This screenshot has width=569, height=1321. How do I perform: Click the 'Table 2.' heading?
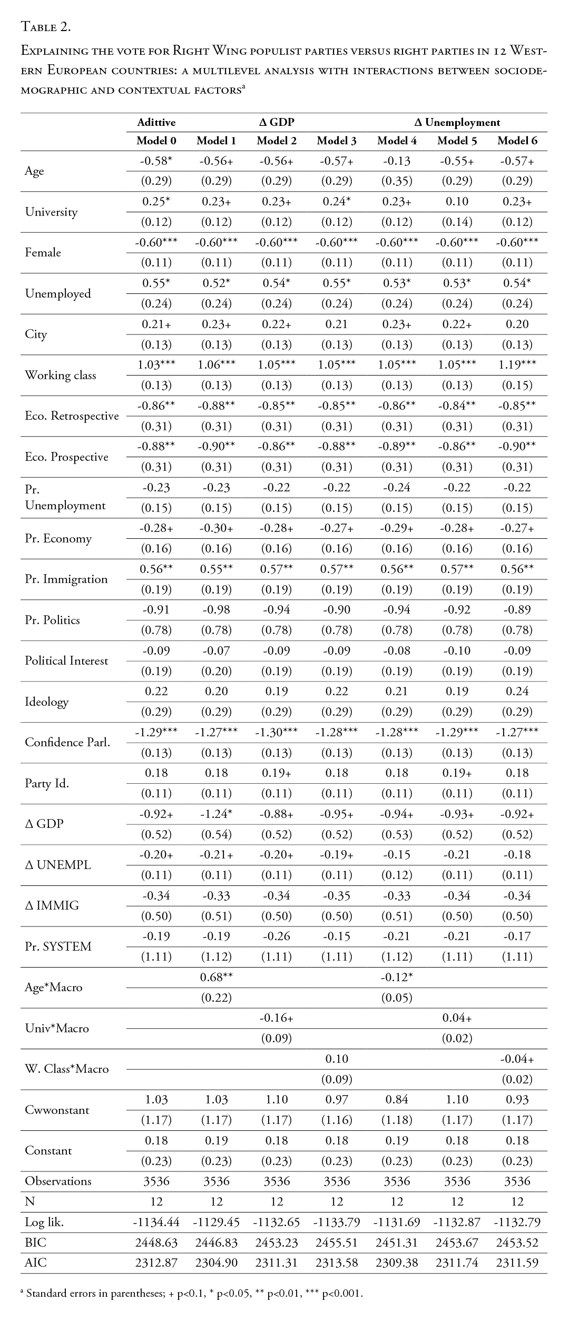click(x=45, y=27)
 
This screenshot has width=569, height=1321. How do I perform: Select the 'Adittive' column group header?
click(x=156, y=122)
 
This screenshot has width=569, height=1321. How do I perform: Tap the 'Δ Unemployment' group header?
click(x=457, y=122)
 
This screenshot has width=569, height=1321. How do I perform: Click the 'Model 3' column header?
click(x=336, y=141)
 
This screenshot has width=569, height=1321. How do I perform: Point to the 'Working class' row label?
click(x=60, y=375)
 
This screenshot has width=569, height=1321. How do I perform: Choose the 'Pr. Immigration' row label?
click(x=66, y=579)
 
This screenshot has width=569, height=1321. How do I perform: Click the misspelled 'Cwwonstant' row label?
click(x=57, y=1110)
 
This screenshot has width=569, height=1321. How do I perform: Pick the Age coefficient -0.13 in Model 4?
click(x=397, y=161)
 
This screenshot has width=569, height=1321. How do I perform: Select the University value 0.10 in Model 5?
click(x=457, y=202)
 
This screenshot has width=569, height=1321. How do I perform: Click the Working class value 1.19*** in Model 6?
click(x=517, y=365)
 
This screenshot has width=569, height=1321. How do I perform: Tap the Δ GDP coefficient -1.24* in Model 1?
click(x=216, y=814)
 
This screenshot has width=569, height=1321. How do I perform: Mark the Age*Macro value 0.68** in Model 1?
click(x=216, y=978)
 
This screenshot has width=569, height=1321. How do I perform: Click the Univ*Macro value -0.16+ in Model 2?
click(x=276, y=1018)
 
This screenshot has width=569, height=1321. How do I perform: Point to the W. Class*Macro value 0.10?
click(x=336, y=1059)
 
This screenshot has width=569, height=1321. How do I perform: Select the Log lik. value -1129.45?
click(x=216, y=1222)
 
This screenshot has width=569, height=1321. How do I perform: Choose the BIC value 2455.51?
click(x=336, y=1243)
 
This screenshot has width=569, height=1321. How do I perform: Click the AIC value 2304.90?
click(x=216, y=1263)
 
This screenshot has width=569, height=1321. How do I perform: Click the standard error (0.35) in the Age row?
click(x=397, y=182)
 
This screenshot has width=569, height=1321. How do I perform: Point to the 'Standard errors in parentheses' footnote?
click(x=194, y=1293)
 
